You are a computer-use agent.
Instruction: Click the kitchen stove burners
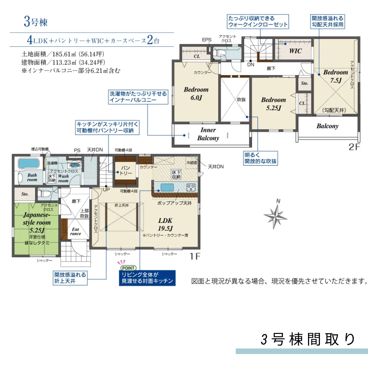click(x=191, y=187)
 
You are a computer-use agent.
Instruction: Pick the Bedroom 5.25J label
click(x=273, y=104)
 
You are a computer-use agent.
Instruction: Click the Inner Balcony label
click(x=208, y=134)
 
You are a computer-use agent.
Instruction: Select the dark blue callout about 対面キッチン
click(x=147, y=278)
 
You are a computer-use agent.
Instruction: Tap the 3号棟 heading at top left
click(x=35, y=22)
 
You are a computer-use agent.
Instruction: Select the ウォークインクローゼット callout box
click(x=258, y=21)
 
